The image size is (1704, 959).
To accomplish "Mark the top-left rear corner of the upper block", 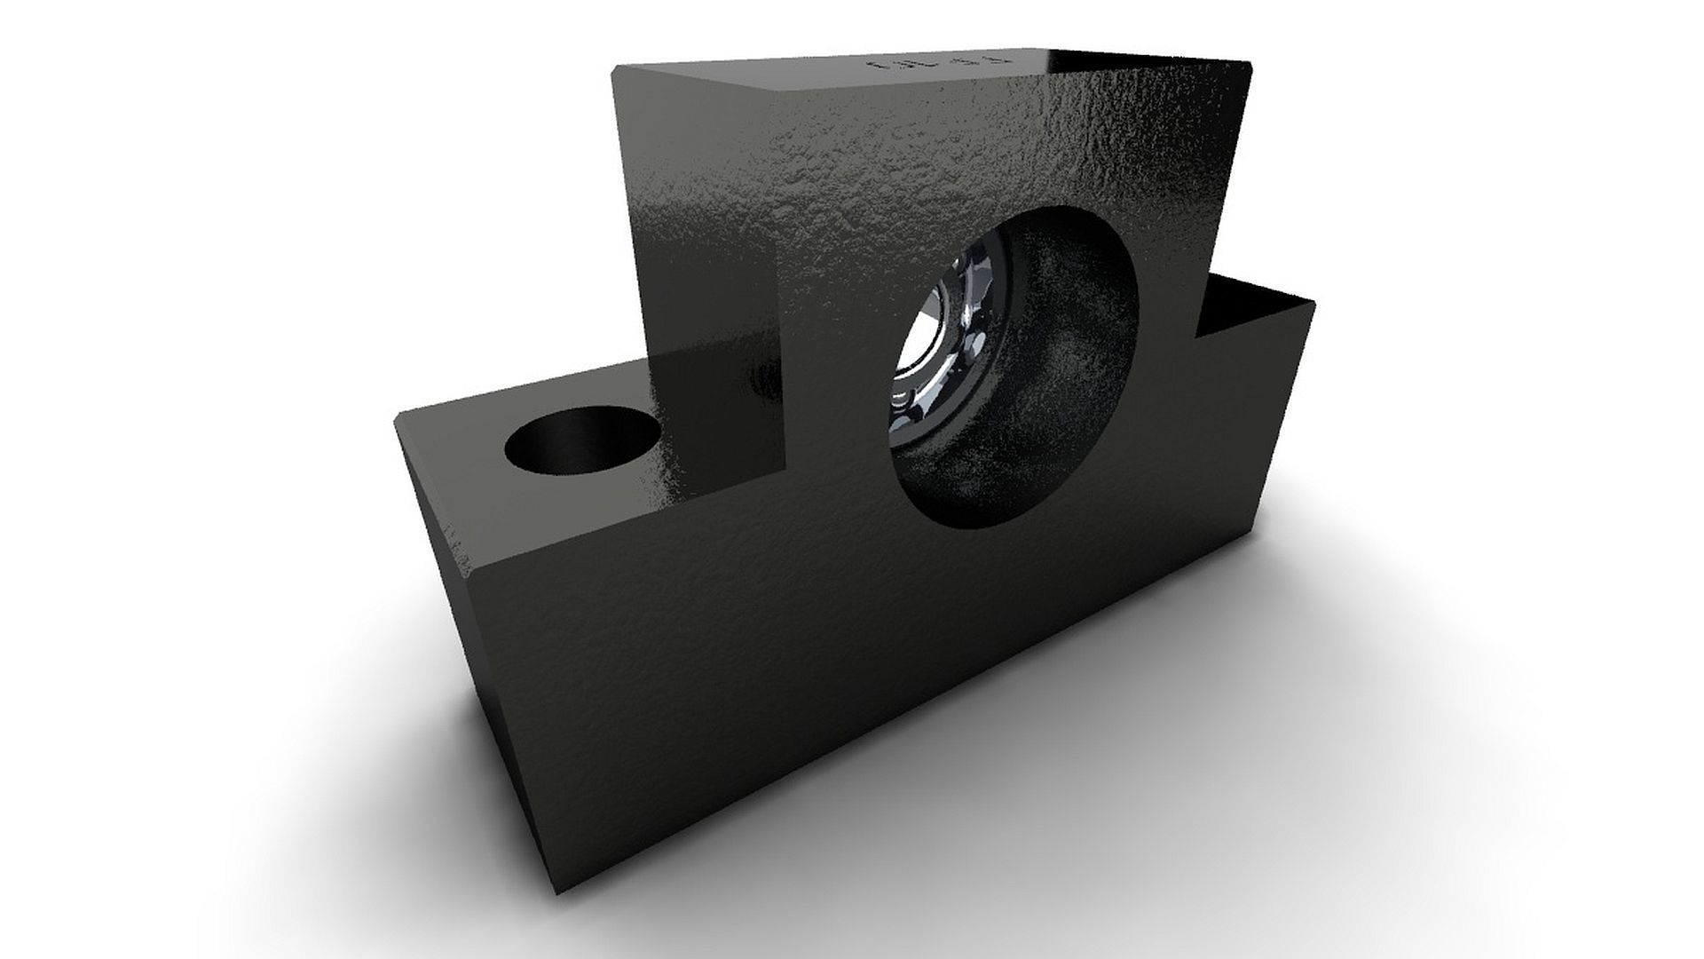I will [x=614, y=67].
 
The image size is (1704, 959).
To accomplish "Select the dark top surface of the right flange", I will [x=1260, y=306].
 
